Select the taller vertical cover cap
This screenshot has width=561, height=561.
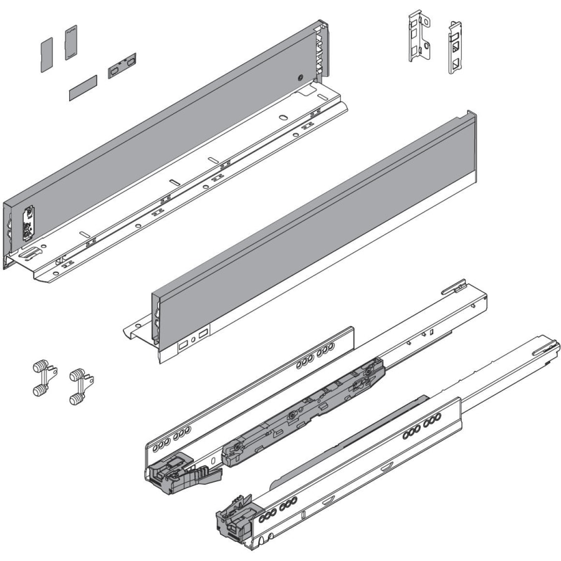(70, 42)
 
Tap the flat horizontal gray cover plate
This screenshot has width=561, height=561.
(83, 88)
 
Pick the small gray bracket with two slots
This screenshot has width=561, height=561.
(122, 65)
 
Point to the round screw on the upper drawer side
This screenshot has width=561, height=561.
(300, 79)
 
